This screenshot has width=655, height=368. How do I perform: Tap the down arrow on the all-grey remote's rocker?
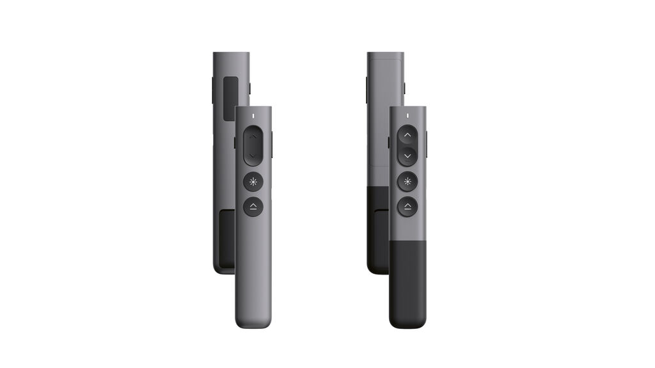click(x=253, y=156)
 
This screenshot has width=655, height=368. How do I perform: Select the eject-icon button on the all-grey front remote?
click(x=253, y=206)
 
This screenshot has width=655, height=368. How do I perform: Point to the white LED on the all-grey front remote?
click(x=253, y=116)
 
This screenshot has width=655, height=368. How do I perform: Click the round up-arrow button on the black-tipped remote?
click(x=407, y=135)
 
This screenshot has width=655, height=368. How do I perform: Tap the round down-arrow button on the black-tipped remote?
click(x=407, y=156)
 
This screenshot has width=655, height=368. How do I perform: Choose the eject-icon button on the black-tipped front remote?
click(x=407, y=206)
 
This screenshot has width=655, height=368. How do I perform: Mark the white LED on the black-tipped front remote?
click(x=407, y=116)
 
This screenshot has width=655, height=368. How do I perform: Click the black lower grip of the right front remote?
click(x=407, y=282)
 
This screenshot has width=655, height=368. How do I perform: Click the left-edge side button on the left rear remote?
click(x=213, y=90)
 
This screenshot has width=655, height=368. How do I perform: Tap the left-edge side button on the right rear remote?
click(x=367, y=90)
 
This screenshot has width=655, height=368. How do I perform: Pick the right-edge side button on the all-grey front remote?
click(x=272, y=144)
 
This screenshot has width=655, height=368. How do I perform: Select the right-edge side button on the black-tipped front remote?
click(x=427, y=144)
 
